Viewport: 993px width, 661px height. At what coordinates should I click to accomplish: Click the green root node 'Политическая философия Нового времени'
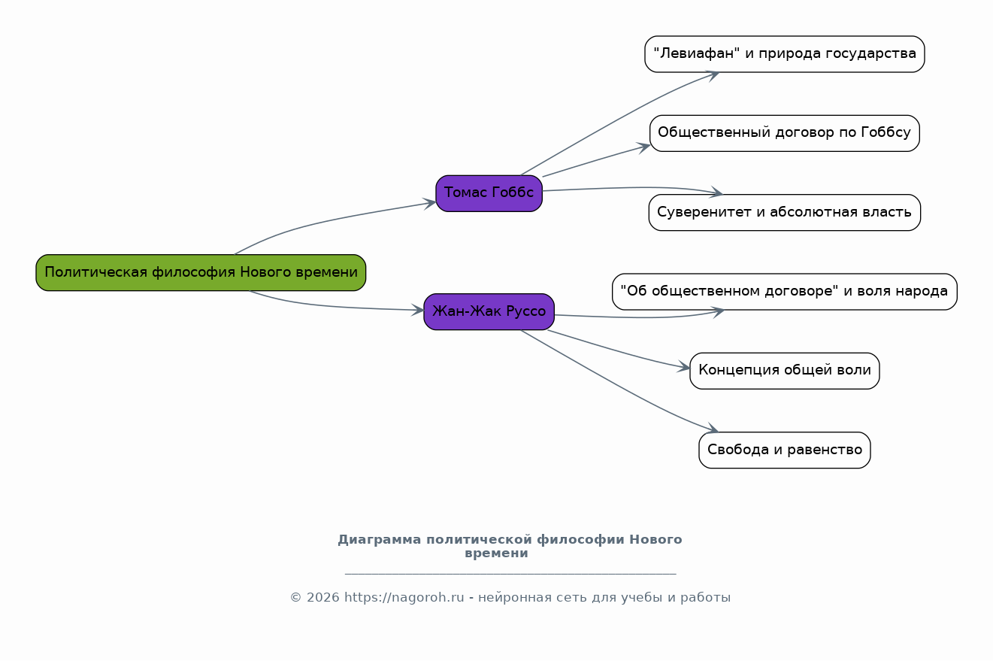tap(201, 272)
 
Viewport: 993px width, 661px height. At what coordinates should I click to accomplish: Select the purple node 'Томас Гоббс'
tap(489, 193)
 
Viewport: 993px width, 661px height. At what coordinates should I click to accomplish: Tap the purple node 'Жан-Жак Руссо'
tap(489, 311)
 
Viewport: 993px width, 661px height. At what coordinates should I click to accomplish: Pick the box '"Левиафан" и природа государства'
tap(784, 54)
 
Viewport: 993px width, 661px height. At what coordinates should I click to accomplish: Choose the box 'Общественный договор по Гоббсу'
tap(784, 133)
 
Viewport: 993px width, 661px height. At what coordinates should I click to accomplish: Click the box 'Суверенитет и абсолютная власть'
tap(784, 212)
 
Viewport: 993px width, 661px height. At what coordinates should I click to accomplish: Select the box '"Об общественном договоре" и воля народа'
tap(784, 292)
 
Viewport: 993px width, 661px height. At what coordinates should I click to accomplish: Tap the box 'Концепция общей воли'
tap(784, 371)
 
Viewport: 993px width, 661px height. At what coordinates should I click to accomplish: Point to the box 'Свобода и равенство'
tap(784, 450)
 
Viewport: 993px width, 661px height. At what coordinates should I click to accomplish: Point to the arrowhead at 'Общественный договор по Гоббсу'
tap(644, 146)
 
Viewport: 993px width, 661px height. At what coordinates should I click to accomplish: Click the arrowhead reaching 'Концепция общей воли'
tap(684, 368)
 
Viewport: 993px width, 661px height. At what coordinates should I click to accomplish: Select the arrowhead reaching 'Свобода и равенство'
tap(713, 429)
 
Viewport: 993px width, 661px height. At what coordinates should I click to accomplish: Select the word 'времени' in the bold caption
tap(496, 553)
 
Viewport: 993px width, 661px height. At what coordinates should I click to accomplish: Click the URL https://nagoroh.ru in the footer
tap(404, 598)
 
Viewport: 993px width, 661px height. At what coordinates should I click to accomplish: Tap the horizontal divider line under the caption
tap(510, 574)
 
